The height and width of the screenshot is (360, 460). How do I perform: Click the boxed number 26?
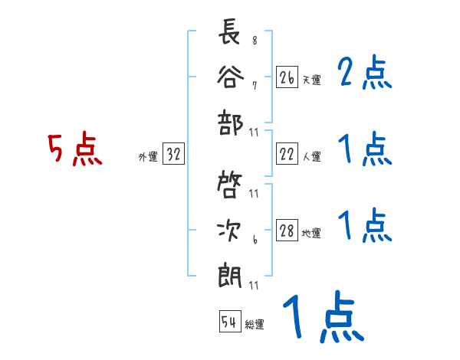point(287,77)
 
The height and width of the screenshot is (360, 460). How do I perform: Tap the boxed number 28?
point(287,231)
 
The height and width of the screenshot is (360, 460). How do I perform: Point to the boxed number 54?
point(229,322)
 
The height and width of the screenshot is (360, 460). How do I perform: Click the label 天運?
point(311,80)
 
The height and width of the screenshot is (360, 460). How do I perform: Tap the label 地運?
point(311,234)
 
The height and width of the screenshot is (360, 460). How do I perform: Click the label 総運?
point(254,324)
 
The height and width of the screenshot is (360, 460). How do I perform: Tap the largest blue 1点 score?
point(322,318)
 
